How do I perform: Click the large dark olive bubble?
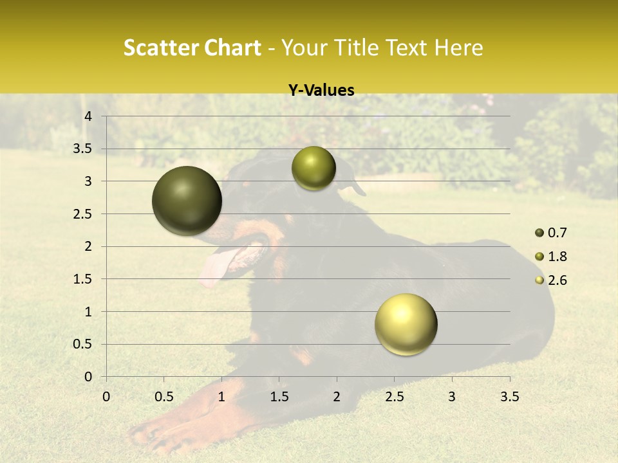(x=187, y=201)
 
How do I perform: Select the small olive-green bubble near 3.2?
(x=314, y=168)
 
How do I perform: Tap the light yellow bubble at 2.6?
(x=406, y=324)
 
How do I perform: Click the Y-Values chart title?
(x=321, y=91)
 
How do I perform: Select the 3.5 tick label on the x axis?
(x=509, y=397)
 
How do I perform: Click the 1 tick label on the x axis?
(x=221, y=397)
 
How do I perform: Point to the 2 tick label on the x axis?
(x=337, y=397)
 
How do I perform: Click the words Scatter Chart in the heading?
(x=192, y=48)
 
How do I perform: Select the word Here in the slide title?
(x=458, y=48)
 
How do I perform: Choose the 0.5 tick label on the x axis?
(x=164, y=397)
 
